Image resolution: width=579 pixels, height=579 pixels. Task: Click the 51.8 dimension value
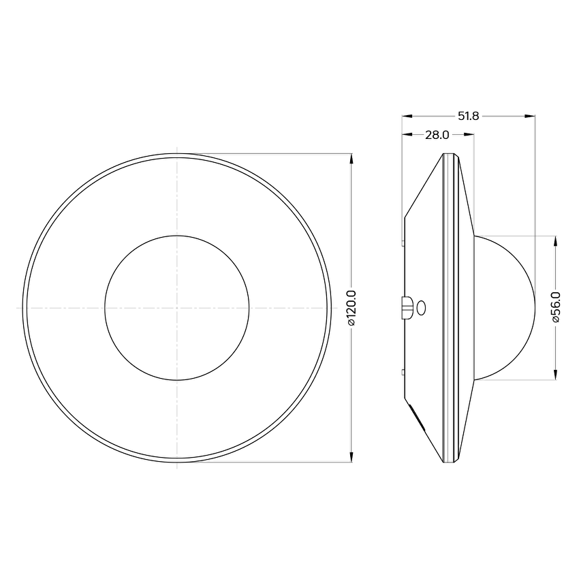tap(468, 116)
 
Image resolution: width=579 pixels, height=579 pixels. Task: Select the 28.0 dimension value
tap(437, 135)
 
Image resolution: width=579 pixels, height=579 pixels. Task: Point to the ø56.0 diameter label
tap(556, 307)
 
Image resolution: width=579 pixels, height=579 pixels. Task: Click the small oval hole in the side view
tap(421, 308)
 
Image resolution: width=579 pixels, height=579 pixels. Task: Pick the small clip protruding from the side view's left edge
tap(407, 307)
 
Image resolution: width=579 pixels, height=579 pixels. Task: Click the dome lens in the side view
tap(504, 308)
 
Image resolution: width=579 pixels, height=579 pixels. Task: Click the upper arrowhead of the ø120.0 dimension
tap(351, 159)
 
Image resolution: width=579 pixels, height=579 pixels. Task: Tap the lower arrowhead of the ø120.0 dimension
tap(351, 456)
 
